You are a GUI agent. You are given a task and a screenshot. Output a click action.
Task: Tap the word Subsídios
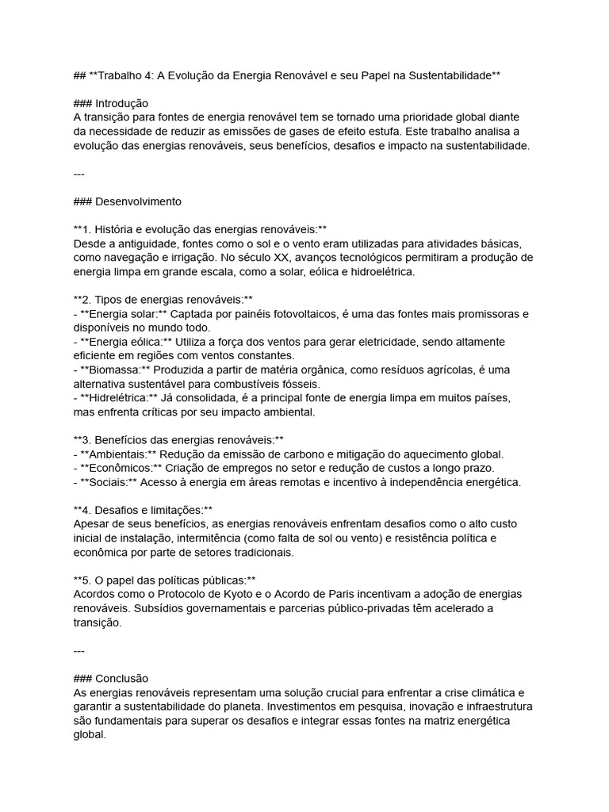click(x=155, y=608)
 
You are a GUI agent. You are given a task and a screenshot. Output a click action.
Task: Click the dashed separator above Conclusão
click(x=79, y=650)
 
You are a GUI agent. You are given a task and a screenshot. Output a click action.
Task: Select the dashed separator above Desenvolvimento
click(x=79, y=173)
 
